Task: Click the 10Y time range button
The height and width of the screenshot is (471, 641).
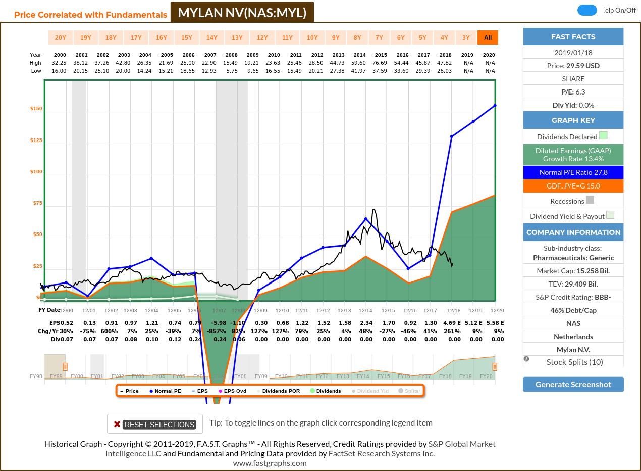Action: pos(312,38)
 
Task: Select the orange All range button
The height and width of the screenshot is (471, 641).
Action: pos(488,38)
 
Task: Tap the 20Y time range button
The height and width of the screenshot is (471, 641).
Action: pos(60,38)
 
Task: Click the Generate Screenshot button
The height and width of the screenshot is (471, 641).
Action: pos(573,384)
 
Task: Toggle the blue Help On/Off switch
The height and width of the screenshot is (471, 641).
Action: pos(587,10)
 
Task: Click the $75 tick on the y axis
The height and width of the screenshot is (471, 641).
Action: pos(36,203)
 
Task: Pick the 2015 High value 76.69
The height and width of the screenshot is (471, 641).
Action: pos(381,63)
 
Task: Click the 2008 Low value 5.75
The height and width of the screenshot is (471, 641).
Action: pos(231,71)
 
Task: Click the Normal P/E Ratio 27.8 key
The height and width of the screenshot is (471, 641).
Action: pos(573,172)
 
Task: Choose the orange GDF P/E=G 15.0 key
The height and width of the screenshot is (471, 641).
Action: pos(573,186)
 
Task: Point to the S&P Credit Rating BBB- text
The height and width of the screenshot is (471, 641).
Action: pos(573,297)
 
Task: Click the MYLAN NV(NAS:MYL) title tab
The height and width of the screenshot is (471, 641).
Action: pos(242,13)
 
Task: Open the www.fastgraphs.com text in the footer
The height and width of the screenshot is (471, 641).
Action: pos(270,463)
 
